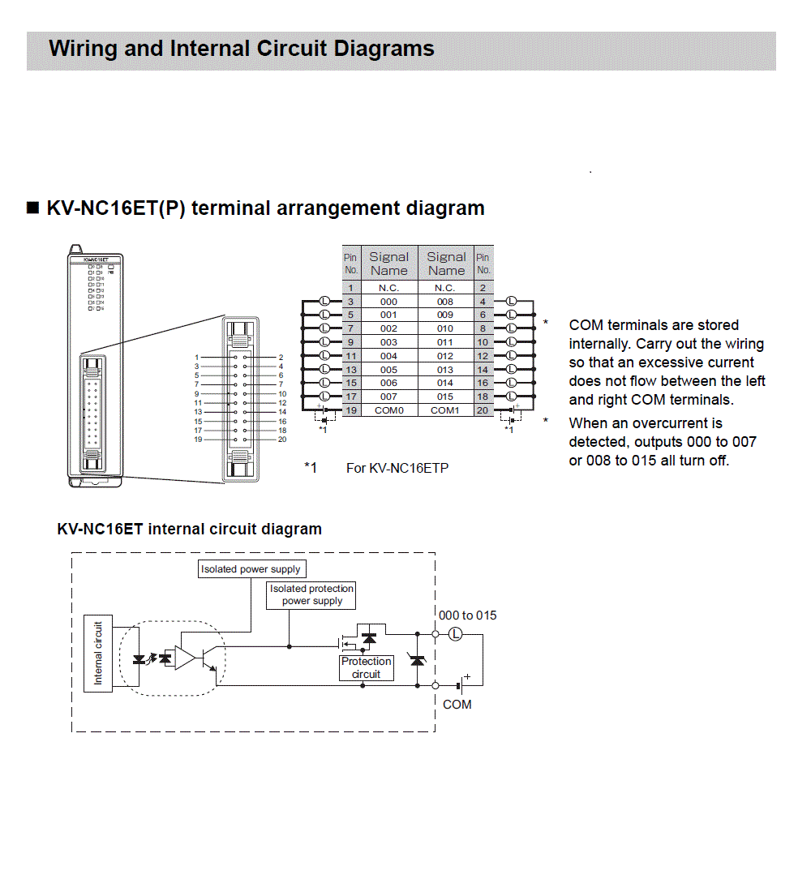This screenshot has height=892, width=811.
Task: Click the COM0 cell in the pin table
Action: click(x=388, y=410)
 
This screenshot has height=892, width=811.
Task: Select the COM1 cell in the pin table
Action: click(x=445, y=410)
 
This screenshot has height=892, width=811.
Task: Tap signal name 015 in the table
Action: click(x=445, y=397)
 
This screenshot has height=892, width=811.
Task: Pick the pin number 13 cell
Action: click(x=350, y=369)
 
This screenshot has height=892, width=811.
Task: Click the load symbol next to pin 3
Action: click(x=325, y=301)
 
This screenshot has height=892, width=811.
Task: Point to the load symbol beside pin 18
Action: click(x=511, y=397)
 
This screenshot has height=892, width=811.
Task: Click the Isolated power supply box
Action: click(x=251, y=569)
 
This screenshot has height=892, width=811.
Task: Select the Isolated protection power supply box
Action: click(x=312, y=595)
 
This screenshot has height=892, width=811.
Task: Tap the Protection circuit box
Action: click(x=366, y=668)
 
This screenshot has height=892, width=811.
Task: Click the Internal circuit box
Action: click(x=98, y=653)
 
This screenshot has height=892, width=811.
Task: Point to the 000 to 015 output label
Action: click(x=468, y=615)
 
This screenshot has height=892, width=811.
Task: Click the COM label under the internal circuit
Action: click(x=457, y=705)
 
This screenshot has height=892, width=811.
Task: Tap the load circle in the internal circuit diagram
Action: click(x=456, y=634)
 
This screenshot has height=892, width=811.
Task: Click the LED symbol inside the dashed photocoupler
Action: click(x=139, y=658)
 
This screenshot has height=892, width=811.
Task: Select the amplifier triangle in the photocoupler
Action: click(x=186, y=658)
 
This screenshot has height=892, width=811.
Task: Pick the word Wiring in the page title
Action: click(x=82, y=49)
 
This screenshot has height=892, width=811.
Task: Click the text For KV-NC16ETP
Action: click(x=397, y=468)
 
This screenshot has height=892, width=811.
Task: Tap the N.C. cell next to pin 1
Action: click(x=388, y=288)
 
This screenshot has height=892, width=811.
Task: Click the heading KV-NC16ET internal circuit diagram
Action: click(x=189, y=530)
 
